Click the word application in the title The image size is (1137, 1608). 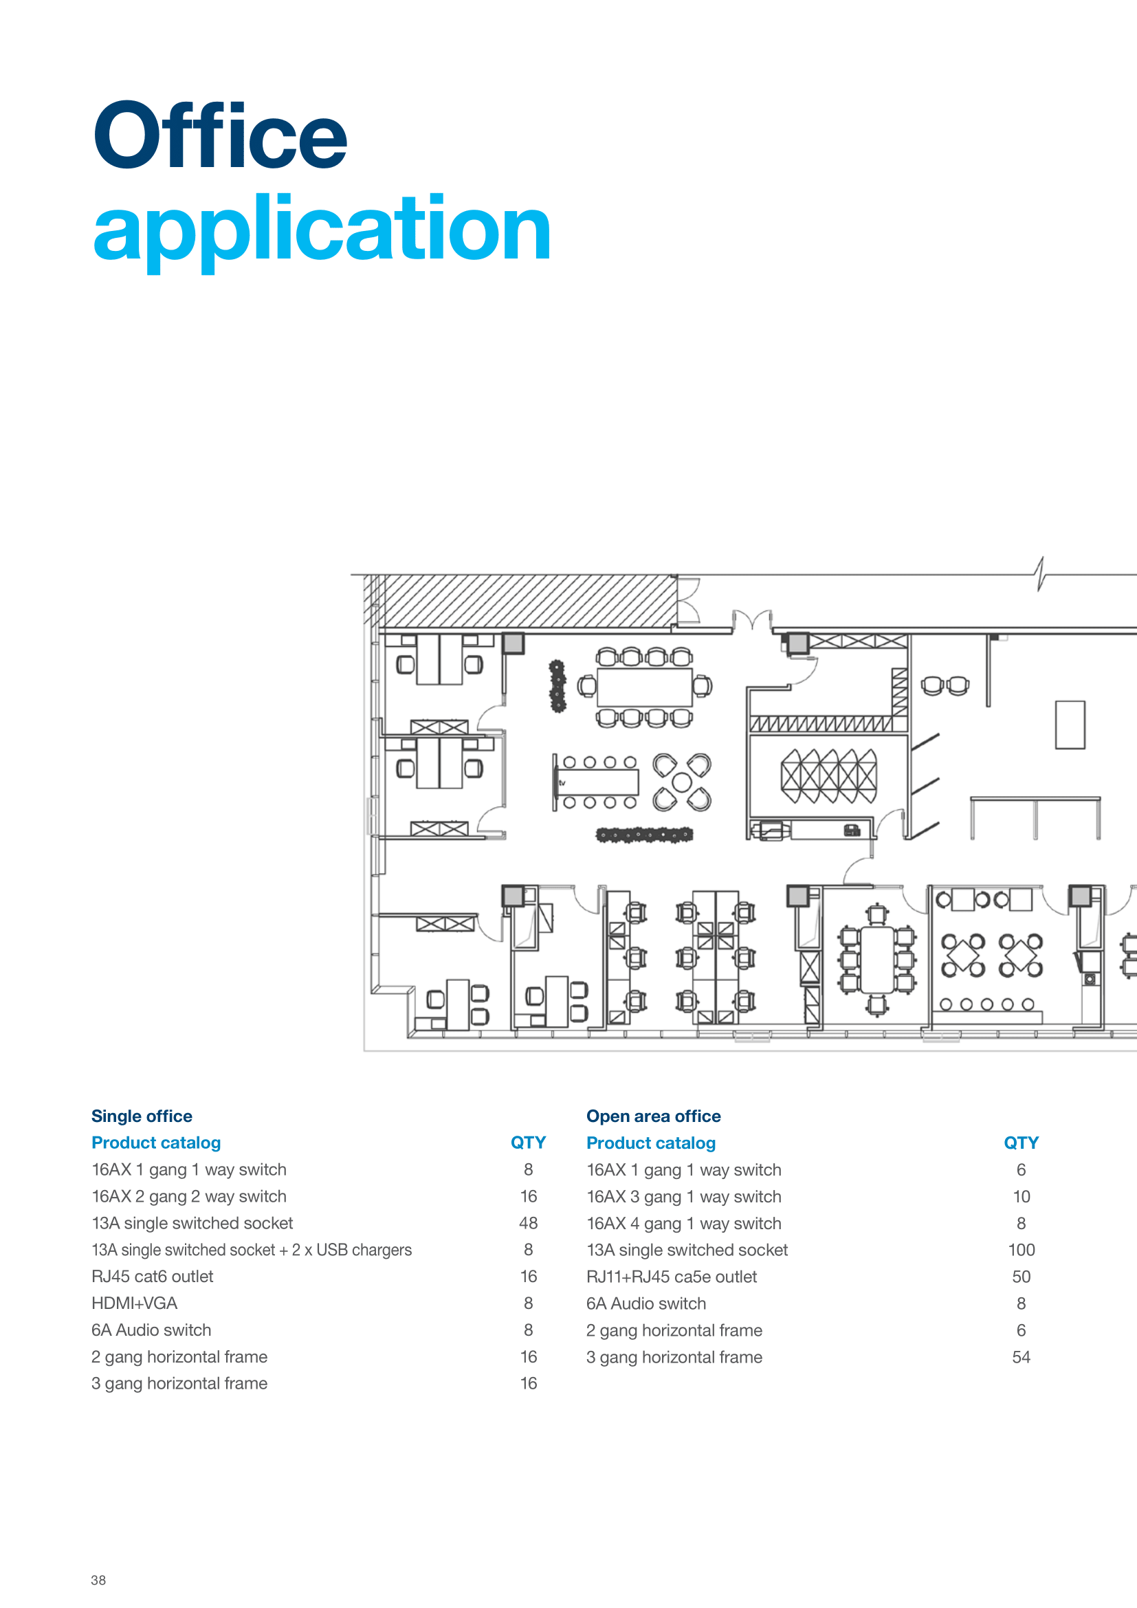point(322,232)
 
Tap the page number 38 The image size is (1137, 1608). point(98,1580)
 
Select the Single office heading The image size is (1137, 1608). point(142,1116)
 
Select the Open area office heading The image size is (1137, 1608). point(653,1116)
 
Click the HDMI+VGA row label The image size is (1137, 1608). point(135,1303)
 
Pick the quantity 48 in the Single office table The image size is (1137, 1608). point(529,1224)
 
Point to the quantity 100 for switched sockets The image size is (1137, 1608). point(1022,1250)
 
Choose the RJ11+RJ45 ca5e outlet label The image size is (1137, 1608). point(672,1277)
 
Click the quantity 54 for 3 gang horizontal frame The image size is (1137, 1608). point(1022,1357)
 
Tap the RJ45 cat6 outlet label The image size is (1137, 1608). point(153,1277)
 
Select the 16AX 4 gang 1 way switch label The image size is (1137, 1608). point(684,1224)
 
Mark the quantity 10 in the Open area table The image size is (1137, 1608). point(1022,1197)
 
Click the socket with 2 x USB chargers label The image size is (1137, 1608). point(252,1250)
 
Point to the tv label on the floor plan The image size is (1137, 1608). point(562,783)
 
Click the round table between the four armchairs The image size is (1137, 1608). point(682,783)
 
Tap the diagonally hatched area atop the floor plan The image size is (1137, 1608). point(522,601)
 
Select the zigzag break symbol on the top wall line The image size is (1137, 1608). point(1041,573)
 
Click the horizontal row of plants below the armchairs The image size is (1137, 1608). point(644,834)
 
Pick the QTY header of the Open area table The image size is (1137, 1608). point(1022,1143)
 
